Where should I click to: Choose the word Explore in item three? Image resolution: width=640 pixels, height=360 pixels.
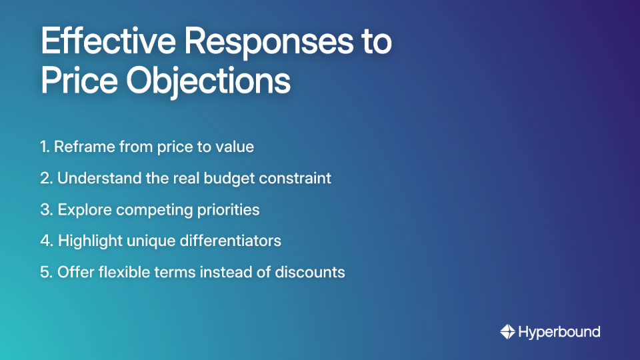(x=84, y=210)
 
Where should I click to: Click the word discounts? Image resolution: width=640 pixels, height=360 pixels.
(x=312, y=273)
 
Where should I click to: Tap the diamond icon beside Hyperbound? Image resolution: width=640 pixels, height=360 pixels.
(x=507, y=332)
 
